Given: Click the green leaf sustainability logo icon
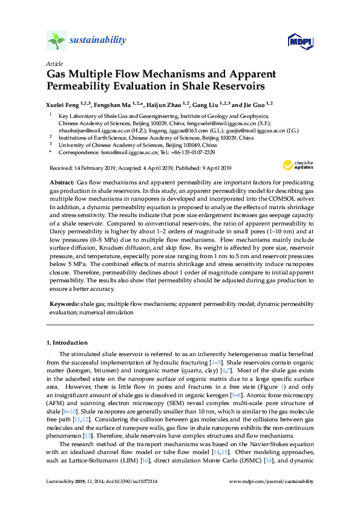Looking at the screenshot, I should click(56, 41).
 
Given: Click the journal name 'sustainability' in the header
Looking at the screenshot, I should click(98, 41).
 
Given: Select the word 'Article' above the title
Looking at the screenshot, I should click(54, 63).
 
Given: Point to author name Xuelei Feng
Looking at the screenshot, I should click(65, 104).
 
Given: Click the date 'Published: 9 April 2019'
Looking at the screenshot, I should click(197, 167).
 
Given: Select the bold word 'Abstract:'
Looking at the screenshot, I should click(61, 182).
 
